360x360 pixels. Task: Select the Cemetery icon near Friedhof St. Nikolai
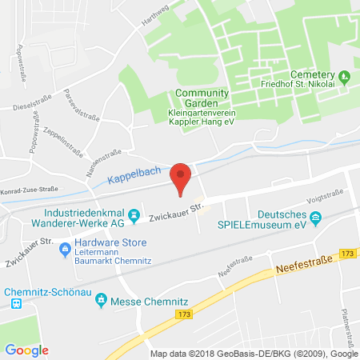click(345, 77)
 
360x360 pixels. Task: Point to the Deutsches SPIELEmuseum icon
click(316, 217)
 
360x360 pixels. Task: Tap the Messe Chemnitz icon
click(101, 300)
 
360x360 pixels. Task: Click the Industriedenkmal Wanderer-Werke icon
click(135, 214)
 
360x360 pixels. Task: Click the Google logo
click(27, 350)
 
